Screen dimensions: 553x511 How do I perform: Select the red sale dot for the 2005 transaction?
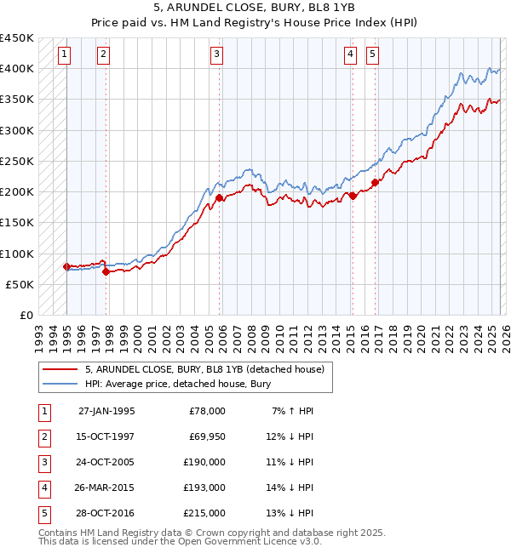point(219,197)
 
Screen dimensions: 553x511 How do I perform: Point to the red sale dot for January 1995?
point(66,266)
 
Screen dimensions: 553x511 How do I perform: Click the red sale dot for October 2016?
point(375,182)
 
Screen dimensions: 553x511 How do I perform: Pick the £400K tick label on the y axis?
point(17,69)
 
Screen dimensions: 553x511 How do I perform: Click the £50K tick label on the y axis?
point(20,285)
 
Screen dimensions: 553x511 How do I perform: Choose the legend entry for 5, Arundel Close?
point(204,370)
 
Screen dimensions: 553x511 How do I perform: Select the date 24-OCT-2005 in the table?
point(106,462)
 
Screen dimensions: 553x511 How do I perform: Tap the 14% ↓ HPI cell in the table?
point(290,487)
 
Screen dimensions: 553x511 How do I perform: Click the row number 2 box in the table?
point(43,436)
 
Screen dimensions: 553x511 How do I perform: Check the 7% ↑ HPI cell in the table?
point(292,411)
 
